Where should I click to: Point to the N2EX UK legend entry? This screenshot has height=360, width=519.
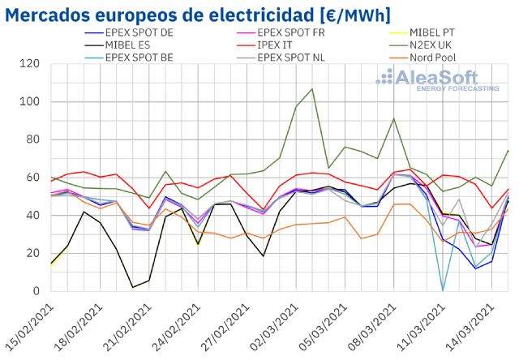pos(434,46)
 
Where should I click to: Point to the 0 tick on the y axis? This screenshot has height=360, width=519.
pos(37,291)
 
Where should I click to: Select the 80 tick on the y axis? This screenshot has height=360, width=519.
pos(33,139)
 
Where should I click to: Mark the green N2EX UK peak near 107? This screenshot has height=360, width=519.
pos(312,88)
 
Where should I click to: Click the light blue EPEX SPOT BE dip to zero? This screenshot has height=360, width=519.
pos(443,289)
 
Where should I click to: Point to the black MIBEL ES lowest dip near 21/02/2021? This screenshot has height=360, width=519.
pos(132,287)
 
